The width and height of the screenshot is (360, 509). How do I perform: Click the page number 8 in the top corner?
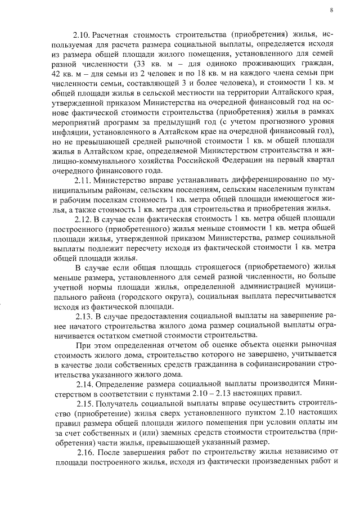(x=331, y=10)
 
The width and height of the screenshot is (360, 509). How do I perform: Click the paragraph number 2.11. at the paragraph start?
(x=83, y=181)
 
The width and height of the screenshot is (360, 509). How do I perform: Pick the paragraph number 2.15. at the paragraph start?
(x=85, y=403)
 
